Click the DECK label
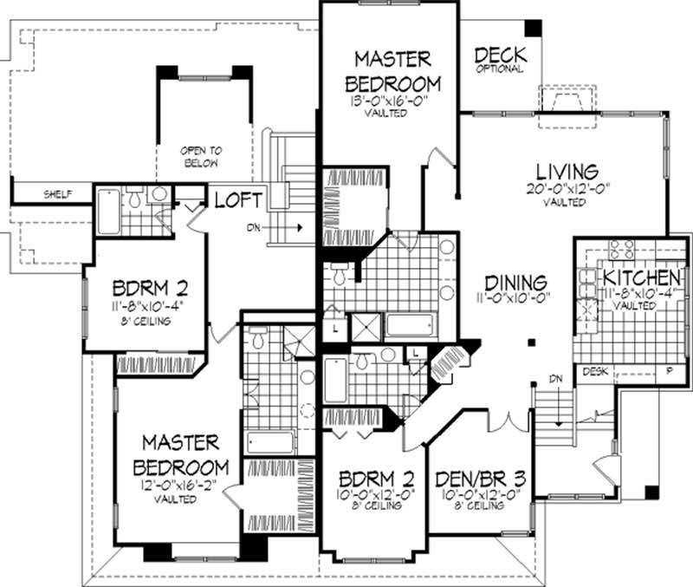tap(500, 55)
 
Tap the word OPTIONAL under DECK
tap(500, 69)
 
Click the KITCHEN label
tap(641, 277)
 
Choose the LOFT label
tap(238, 200)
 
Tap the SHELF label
tap(58, 193)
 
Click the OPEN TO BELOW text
tap(198, 156)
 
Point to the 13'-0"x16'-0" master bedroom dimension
tap(392, 101)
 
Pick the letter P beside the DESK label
tap(667, 371)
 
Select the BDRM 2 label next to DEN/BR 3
tap(376, 479)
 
